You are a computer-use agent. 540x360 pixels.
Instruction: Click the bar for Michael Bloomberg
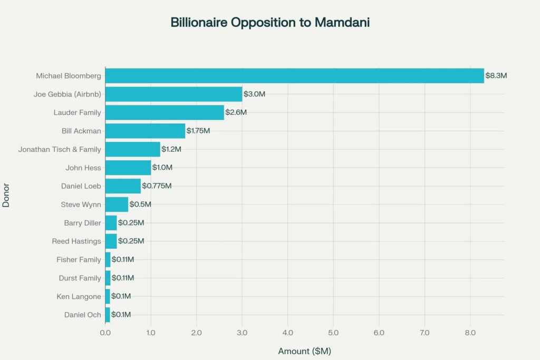294,76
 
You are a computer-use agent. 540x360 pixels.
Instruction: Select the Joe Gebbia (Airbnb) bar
173,94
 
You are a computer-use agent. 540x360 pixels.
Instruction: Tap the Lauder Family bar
165,112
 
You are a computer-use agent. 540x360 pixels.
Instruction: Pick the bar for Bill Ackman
145,131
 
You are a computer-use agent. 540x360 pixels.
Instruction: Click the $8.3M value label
496,76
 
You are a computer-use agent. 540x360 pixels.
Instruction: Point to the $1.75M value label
198,131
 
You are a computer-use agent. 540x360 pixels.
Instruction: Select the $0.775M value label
157,186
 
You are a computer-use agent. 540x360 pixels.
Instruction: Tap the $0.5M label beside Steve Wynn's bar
140,204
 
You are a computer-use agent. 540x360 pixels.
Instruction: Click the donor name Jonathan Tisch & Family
60,149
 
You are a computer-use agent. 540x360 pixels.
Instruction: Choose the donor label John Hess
83,168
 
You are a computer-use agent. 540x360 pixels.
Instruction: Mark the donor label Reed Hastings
76,241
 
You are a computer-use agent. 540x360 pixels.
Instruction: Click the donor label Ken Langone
79,296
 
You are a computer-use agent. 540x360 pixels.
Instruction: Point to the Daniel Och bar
108,315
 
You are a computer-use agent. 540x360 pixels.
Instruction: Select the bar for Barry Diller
111,223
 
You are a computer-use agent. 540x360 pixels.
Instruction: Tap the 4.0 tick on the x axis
287,333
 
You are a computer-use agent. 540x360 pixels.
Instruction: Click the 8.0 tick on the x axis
470,333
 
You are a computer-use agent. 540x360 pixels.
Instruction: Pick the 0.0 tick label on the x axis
105,333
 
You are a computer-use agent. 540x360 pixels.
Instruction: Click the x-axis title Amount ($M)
304,351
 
